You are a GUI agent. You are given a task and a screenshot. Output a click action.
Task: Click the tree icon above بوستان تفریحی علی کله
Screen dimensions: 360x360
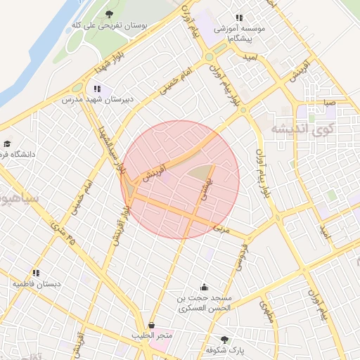coord(108,14)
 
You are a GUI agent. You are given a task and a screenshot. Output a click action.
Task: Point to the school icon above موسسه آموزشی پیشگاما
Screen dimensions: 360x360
coord(239,18)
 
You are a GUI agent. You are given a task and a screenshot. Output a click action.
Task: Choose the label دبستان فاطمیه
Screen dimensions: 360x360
coord(36,284)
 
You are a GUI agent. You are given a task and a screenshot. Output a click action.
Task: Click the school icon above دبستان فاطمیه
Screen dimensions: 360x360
coord(36,273)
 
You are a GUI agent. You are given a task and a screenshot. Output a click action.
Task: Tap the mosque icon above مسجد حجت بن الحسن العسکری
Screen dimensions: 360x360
coord(204,286)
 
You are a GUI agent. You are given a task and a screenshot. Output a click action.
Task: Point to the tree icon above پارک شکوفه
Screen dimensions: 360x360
coord(225,339)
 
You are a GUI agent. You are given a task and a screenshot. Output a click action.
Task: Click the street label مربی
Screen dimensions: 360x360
coord(221,229)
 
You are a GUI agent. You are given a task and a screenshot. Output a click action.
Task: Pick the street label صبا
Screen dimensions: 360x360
coord(329,103)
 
